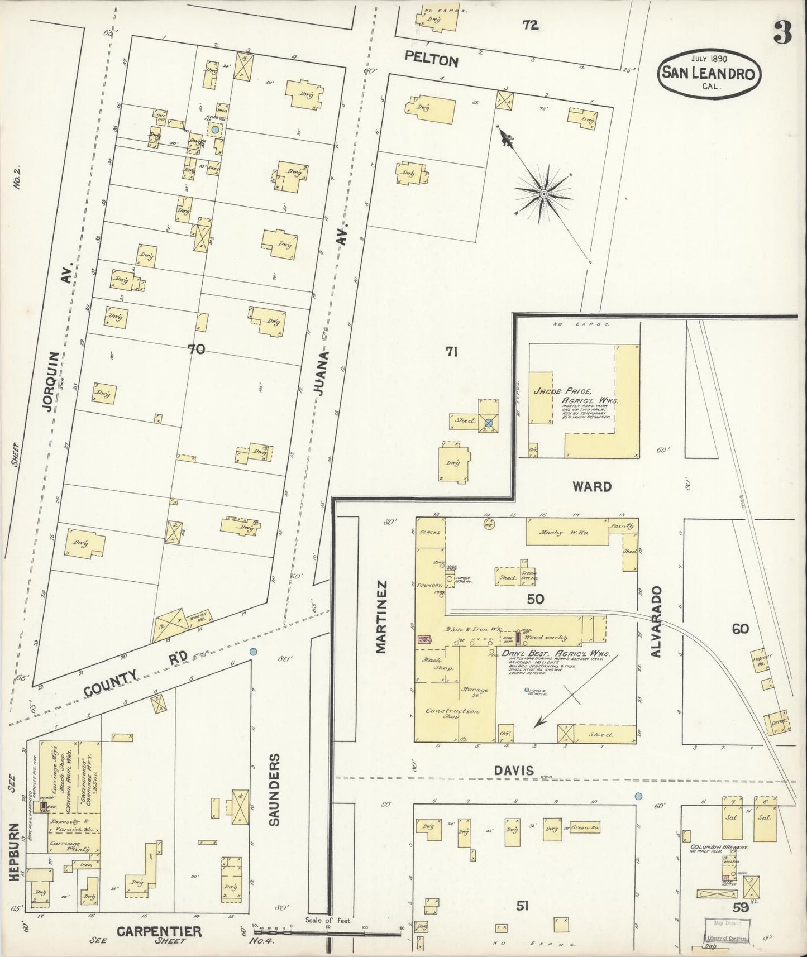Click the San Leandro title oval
709,72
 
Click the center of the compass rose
543,194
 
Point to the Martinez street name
381,616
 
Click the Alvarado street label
657,621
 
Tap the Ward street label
592,487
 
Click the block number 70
197,350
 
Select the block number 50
535,600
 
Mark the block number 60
740,629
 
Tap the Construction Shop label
452,714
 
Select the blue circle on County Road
253,651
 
